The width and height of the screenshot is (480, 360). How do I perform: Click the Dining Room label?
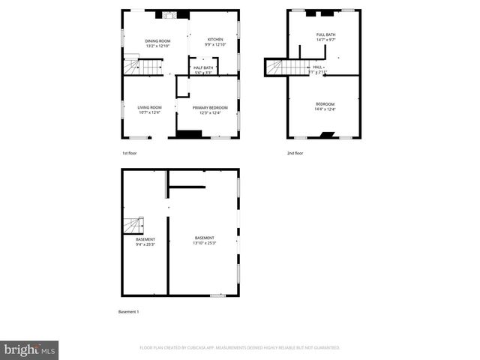[x=157, y=40]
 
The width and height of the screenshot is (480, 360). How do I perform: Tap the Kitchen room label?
[x=215, y=40]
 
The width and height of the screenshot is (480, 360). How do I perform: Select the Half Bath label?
[x=203, y=67]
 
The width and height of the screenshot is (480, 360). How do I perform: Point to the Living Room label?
[x=149, y=107]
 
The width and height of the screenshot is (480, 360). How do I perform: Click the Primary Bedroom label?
[x=210, y=107]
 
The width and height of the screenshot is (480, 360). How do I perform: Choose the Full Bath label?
[x=325, y=35]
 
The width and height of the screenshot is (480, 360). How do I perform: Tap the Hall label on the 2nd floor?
[x=318, y=67]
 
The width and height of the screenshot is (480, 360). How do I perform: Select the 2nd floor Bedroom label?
[x=325, y=103]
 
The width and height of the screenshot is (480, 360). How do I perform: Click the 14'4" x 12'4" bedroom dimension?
[x=325, y=109]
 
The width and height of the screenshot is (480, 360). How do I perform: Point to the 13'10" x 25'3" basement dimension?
[x=204, y=243]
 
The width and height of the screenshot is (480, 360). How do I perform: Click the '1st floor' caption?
[x=130, y=153]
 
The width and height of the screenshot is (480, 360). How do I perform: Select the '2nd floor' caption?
[x=295, y=153]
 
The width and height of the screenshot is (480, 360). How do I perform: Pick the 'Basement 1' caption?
[x=129, y=311]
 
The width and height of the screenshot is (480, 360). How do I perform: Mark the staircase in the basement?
[x=133, y=225]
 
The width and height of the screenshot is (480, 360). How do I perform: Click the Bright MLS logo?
[x=30, y=349]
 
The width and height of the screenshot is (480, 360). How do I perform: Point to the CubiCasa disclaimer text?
[x=240, y=348]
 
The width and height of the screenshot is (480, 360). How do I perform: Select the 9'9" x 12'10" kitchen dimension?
[x=215, y=46]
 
